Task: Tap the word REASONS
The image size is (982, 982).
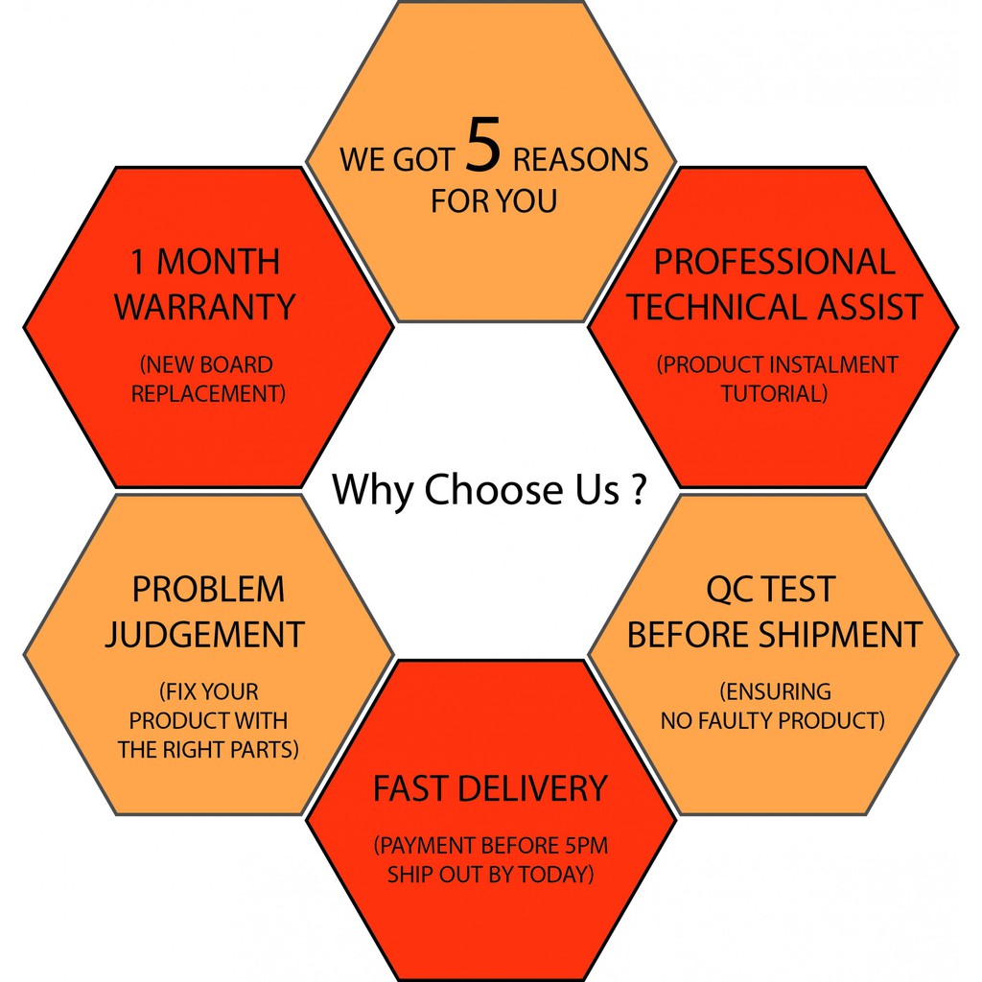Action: (x=580, y=159)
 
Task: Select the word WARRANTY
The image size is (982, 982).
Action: (x=204, y=308)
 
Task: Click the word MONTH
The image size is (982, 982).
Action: (x=219, y=262)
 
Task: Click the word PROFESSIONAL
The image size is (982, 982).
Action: (x=774, y=262)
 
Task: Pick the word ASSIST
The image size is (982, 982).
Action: (x=867, y=308)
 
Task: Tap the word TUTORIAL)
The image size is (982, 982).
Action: (x=774, y=394)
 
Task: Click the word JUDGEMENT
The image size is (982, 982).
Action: (x=204, y=635)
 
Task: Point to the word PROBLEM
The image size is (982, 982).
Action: (x=208, y=589)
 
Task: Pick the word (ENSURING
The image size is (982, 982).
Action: (x=774, y=691)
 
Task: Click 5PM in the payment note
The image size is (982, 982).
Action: (x=583, y=846)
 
